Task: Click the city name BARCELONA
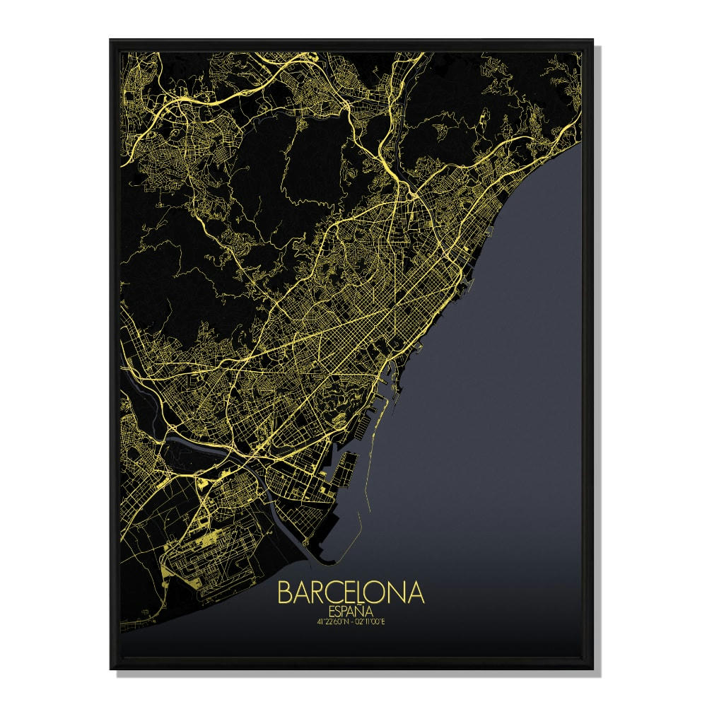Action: (x=351, y=592)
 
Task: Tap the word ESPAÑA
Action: (x=351, y=612)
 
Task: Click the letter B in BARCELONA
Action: (x=285, y=592)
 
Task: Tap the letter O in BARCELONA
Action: (x=385, y=592)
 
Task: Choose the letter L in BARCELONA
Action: (x=368, y=592)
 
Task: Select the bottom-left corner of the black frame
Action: (x=110, y=668)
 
